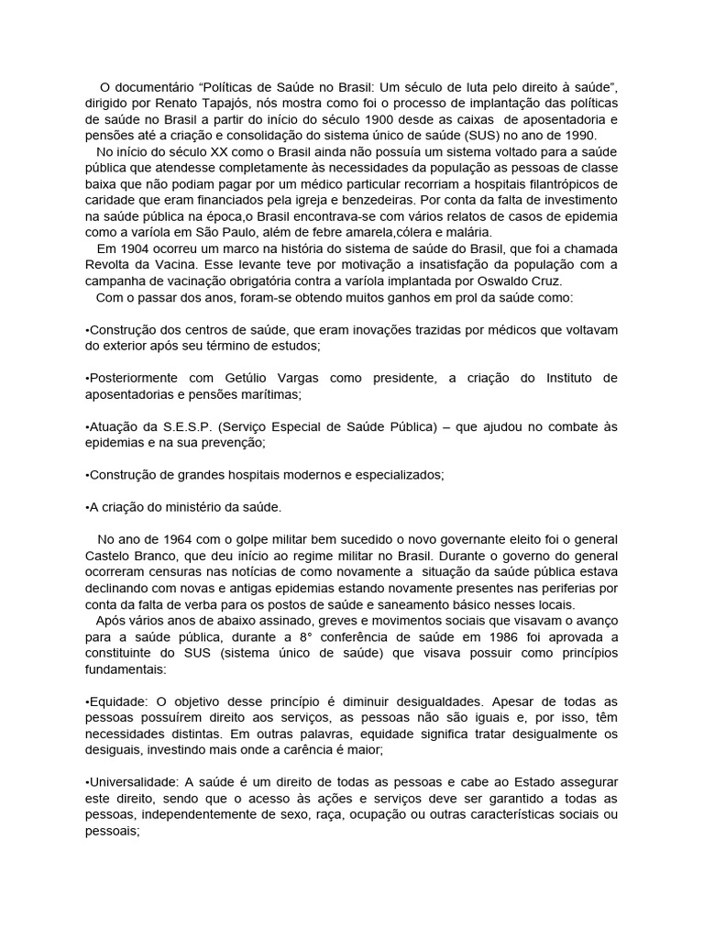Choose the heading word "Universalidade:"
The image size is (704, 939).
click(x=135, y=782)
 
